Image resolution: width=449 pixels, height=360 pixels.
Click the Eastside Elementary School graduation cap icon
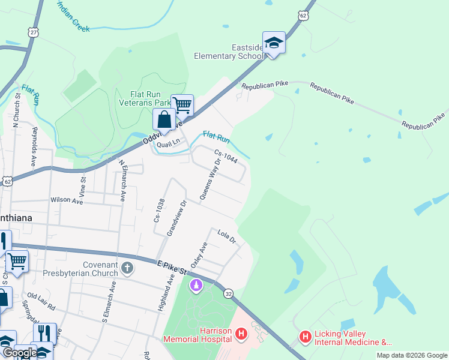[274, 43]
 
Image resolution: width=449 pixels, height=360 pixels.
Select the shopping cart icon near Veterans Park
[182, 105]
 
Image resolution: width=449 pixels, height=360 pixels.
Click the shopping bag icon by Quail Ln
[164, 119]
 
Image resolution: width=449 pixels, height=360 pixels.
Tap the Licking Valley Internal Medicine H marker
[305, 338]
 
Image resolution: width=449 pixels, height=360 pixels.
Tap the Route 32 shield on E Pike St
[229, 293]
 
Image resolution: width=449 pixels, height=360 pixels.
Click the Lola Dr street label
[228, 237]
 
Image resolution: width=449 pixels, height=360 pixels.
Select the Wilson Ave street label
[67, 200]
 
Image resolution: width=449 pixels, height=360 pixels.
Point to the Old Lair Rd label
[41, 302]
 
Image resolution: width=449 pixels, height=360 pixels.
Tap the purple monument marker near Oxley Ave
[196, 286]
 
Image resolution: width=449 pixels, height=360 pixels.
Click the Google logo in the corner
[19, 353]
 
